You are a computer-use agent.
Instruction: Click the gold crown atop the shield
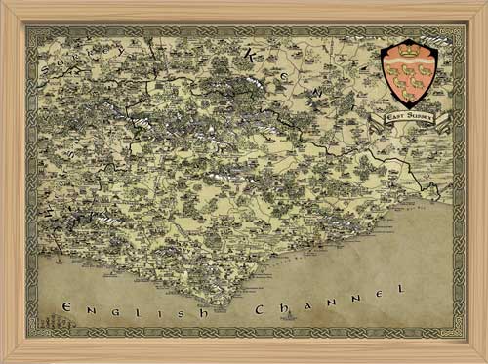[409, 46]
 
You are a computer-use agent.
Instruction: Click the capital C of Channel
[258, 309]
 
